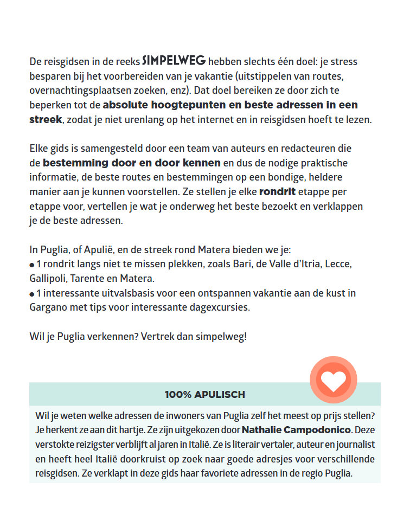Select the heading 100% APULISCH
pos(205,395)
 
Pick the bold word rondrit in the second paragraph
pos(277,192)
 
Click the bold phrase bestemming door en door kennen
pos(132,163)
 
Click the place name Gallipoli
pos(48,279)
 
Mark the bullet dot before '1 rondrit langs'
pos(32,266)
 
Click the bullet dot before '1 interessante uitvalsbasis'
pos(32,294)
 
